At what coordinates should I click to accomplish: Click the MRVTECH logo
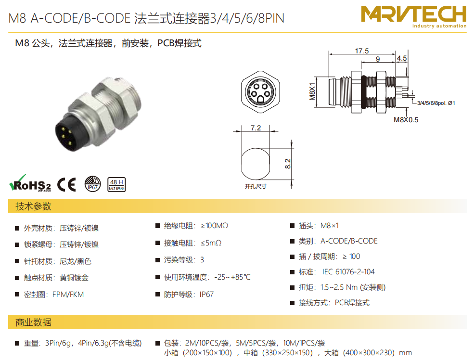click(413, 17)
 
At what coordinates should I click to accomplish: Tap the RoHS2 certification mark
click(30, 183)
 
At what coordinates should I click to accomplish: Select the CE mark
click(66, 184)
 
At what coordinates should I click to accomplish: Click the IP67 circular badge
click(92, 184)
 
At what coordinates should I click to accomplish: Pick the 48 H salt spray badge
click(116, 184)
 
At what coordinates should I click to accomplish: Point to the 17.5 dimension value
click(362, 51)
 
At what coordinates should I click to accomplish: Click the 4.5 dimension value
click(402, 58)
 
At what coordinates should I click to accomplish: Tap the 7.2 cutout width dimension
click(256, 128)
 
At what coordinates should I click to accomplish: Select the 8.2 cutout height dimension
click(288, 164)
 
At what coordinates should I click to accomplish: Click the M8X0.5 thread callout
click(406, 120)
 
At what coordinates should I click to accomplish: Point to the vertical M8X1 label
click(312, 91)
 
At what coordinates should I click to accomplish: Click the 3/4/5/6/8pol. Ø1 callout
click(436, 103)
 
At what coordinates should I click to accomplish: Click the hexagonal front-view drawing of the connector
click(260, 92)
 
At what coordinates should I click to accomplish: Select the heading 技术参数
click(33, 206)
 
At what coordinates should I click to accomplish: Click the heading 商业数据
click(33, 322)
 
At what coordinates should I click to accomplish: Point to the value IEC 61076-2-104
click(348, 272)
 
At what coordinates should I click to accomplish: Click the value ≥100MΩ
click(214, 226)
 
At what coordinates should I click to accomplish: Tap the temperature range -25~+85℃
click(232, 277)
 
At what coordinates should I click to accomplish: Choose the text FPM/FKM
click(68, 294)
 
